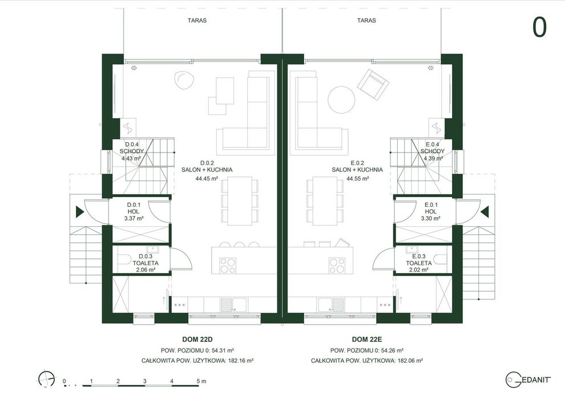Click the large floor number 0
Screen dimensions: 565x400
pyautogui.click(x=539, y=27)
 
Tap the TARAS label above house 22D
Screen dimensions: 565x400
pyautogui.click(x=197, y=21)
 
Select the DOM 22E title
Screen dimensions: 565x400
pyautogui.click(x=367, y=339)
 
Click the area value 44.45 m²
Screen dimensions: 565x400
pyautogui.click(x=207, y=178)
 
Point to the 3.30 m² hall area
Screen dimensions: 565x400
pyautogui.click(x=430, y=218)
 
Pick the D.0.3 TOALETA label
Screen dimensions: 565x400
pyautogui.click(x=146, y=259)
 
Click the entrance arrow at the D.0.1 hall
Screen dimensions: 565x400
pyautogui.click(x=80, y=212)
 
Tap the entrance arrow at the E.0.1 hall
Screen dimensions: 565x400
pyautogui.click(x=485, y=212)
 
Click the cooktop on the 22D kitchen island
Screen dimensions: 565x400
pyautogui.click(x=228, y=266)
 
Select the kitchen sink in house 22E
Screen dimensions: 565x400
pyautogui.click(x=332, y=305)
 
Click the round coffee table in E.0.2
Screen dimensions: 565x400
pyautogui.click(x=341, y=100)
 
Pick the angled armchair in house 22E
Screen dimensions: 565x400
pyautogui.click(x=373, y=85)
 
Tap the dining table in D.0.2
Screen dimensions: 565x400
pyautogui.click(x=240, y=201)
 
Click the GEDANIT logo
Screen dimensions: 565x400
pyautogui.click(x=528, y=379)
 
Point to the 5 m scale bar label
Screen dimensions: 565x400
pyautogui.click(x=201, y=381)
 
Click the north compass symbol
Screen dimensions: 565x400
pyautogui.click(x=47, y=379)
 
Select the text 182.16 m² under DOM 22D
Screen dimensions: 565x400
pyautogui.click(x=241, y=361)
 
